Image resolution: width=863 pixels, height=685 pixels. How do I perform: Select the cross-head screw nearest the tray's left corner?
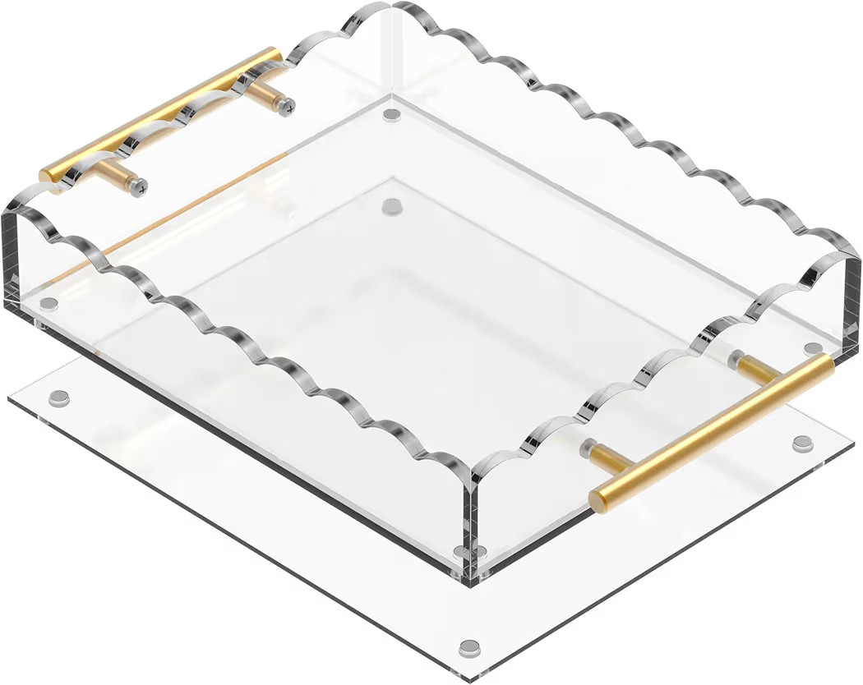(x=141, y=184)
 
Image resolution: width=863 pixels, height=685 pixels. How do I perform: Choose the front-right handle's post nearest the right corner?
(x=753, y=365)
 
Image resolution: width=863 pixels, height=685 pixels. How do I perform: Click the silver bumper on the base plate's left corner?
(x=58, y=398)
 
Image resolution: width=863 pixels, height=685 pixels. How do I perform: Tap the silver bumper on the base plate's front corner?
(x=469, y=647)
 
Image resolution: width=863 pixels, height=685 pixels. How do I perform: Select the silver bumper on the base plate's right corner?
(x=801, y=444)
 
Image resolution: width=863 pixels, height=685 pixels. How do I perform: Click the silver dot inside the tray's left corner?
(x=48, y=304)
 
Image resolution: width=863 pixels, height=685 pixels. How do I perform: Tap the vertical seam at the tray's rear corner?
(x=392, y=49)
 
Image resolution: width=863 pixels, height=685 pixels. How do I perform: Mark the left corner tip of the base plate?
(x=10, y=399)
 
